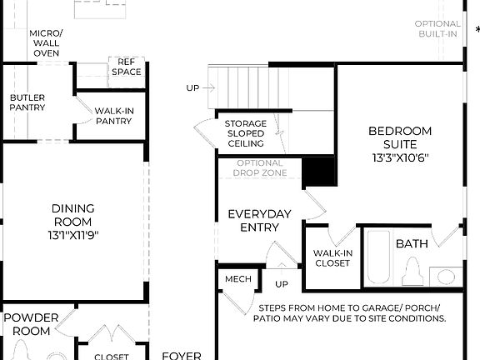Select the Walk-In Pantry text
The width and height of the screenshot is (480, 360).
coord(113,116)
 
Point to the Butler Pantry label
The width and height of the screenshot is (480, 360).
coord(27,103)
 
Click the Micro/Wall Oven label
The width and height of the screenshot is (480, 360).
coord(46,43)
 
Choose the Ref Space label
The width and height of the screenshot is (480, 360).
coord(127,67)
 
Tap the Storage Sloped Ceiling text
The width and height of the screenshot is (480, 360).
coord(246,133)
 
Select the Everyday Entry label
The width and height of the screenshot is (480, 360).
coord(260,221)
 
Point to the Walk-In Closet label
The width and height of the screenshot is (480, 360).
coord(332,258)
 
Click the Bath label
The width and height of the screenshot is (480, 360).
coord(412,244)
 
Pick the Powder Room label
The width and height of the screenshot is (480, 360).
coord(32,324)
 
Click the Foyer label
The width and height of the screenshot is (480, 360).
coord(182,355)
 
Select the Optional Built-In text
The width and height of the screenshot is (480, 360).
coord(437,28)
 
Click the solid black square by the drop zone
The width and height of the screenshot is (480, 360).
coord(319,172)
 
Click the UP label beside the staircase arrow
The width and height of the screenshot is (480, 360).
coord(192,87)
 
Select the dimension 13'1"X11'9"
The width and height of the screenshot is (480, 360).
coord(73,236)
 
